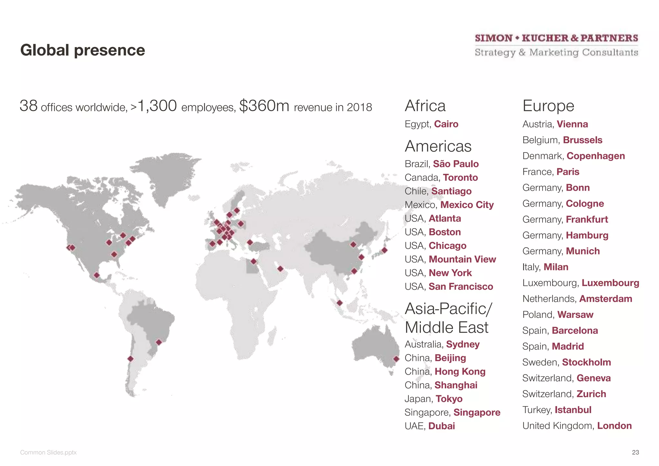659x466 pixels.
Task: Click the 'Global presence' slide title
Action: coord(82,50)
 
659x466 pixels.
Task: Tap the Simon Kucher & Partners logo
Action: coord(556,45)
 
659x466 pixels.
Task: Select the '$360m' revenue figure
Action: coord(264,106)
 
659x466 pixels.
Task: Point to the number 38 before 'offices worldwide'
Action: coord(29,106)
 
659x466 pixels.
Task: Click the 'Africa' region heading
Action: coord(425,106)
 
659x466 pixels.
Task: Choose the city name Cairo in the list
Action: coord(446,124)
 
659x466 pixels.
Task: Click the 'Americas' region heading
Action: coord(438,146)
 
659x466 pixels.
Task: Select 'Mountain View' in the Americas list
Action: coord(462,259)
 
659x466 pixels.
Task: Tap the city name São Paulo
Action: coord(456,164)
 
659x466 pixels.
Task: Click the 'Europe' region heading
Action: coord(548,106)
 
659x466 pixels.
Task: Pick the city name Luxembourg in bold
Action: coord(610,283)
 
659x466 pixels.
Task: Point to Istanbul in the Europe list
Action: coord(573,410)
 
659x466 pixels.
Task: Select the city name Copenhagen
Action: coord(596,156)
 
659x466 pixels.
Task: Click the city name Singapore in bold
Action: coord(477,412)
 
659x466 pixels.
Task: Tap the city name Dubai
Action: coord(441,426)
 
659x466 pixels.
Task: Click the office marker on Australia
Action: coord(396,359)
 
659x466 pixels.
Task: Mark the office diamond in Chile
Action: coord(130,359)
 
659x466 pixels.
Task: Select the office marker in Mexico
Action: coord(97,275)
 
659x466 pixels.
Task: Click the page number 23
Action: coord(635,452)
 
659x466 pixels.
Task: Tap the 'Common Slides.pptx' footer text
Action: coord(48,452)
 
